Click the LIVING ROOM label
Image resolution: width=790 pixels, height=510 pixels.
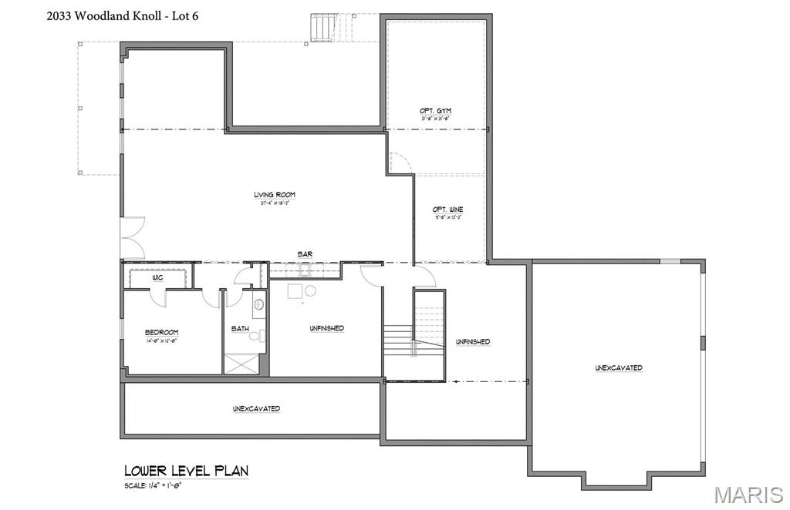(275, 195)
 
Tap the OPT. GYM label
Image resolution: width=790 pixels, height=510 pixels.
(436, 111)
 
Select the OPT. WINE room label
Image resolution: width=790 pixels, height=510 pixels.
(447, 210)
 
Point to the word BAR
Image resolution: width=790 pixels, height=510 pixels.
(305, 253)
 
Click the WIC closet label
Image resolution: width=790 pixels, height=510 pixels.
(157, 277)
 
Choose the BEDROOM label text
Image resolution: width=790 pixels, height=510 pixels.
(162, 332)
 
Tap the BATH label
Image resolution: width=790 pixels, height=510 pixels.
(240, 329)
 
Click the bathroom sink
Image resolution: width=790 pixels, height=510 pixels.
(258, 304)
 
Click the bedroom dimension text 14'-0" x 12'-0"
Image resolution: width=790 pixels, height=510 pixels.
(162, 341)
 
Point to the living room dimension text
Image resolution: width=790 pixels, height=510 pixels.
(275, 203)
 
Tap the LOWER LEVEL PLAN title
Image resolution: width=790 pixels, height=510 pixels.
(186, 471)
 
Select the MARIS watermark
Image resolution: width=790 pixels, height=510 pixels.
(748, 493)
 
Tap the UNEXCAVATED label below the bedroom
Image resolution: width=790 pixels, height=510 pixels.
(256, 408)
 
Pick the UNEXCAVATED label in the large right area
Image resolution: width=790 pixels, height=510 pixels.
(618, 368)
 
